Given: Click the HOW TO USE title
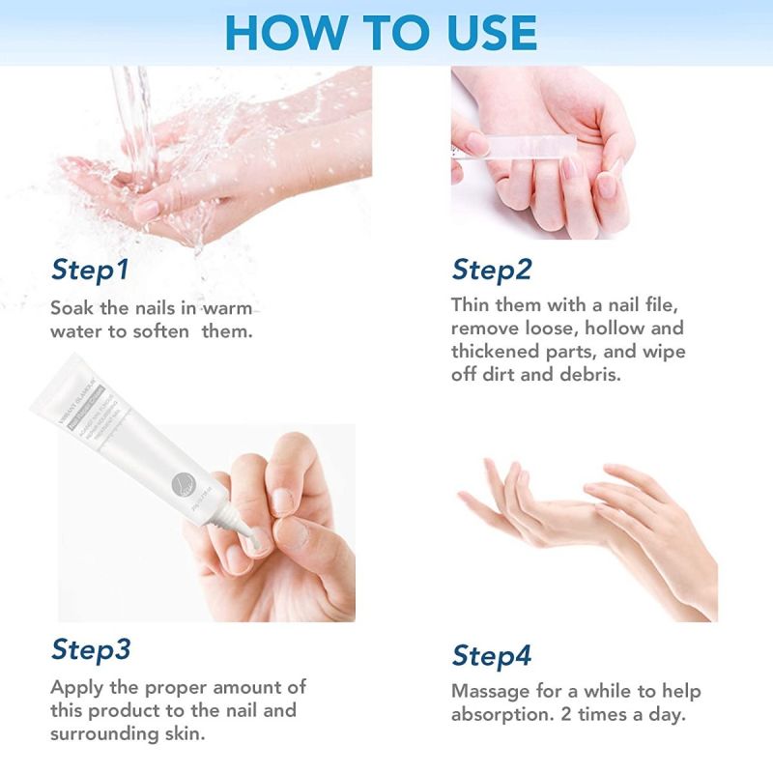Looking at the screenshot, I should tap(381, 33).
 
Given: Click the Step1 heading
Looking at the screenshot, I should tap(89, 271).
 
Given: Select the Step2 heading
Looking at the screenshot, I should tap(491, 271).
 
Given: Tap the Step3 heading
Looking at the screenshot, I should tap(91, 649).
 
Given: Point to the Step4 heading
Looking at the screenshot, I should tap(492, 655).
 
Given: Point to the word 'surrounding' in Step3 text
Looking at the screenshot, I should tap(105, 734).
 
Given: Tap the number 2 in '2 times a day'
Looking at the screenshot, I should tap(603, 716).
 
